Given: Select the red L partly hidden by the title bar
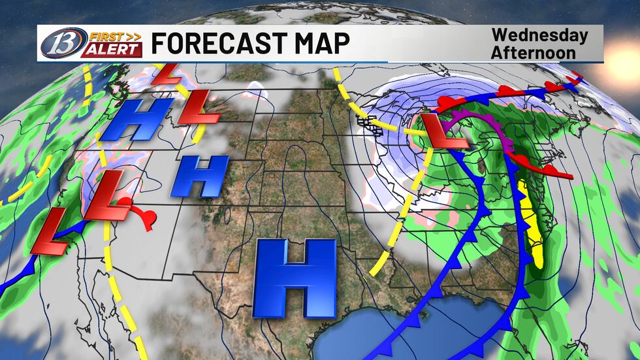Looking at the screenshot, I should click(x=167, y=72).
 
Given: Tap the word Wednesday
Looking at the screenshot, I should click(x=539, y=35).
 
